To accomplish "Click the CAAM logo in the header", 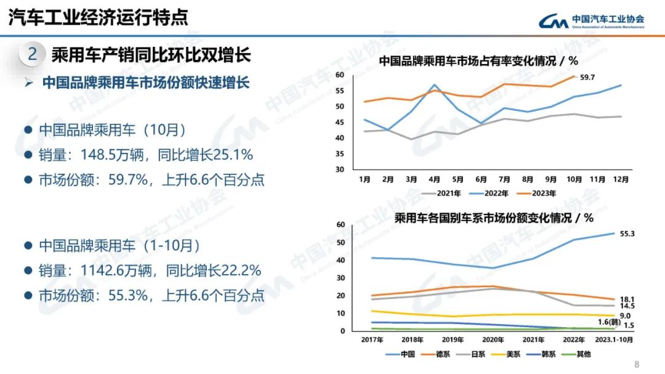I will (592, 20).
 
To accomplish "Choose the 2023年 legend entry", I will (537, 193).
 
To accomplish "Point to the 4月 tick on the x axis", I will (435, 179).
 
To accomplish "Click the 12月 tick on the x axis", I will (621, 179).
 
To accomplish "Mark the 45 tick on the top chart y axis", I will (339, 122).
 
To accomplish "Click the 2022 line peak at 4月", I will (435, 85).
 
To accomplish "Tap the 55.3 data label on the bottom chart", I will (626, 234).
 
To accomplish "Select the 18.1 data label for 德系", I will (626, 299).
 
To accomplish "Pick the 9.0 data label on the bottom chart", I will (625, 315).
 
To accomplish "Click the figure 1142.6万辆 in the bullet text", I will (102, 270).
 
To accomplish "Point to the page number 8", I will (637, 364).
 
